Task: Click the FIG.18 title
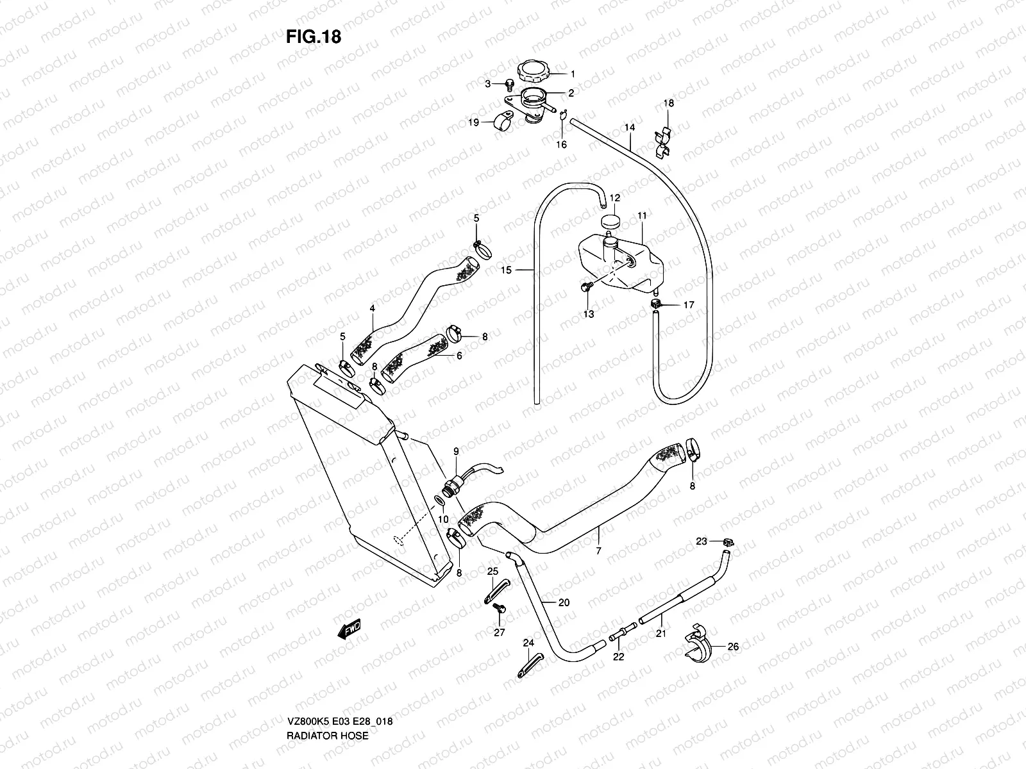(314, 37)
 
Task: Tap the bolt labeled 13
(585, 289)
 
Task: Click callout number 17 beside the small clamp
(688, 305)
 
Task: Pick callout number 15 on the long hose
(506, 270)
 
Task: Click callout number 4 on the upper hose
(372, 308)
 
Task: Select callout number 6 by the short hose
(458, 356)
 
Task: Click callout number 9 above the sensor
(456, 452)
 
